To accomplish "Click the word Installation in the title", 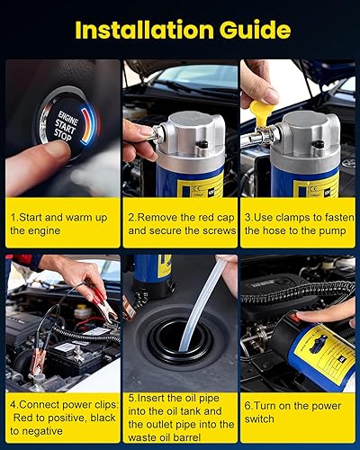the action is pos(144,30).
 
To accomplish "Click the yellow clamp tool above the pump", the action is pos(258,112).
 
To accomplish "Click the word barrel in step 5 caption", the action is pos(186,437).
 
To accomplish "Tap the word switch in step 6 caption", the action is pos(259,418).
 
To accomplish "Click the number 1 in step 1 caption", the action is pos(13,218).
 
